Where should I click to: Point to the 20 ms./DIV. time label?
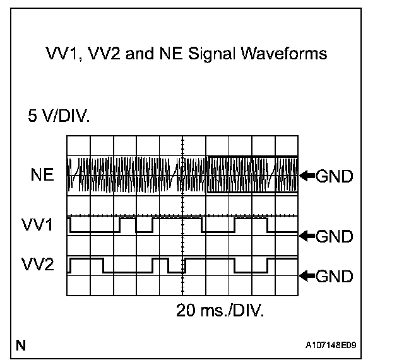(220, 311)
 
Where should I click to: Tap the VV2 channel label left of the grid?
(40, 265)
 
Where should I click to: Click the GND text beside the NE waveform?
(333, 176)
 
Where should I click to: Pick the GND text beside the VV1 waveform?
(333, 236)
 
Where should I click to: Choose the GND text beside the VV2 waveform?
(333, 276)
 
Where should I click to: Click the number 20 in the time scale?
(187, 311)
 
